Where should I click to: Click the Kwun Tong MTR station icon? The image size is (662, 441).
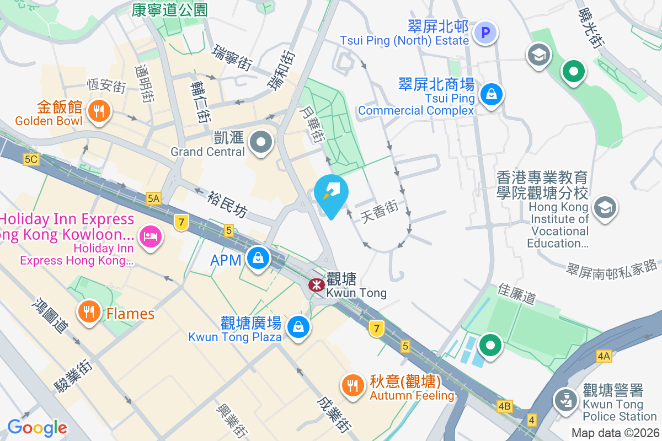coord(316,285)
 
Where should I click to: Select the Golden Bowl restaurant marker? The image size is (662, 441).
coord(99,112)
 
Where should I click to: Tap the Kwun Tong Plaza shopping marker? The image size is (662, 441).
coord(298,326)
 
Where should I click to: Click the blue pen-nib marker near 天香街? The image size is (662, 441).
coord(332,193)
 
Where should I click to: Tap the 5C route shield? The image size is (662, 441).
coord(31,159)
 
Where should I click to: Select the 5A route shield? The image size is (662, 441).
coord(153,198)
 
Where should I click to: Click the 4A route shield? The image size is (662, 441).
coord(604,356)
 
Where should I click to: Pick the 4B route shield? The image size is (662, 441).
coord(504,407)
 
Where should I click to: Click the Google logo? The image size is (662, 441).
coord(37,427)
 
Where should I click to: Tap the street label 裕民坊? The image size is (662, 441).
coord(227,203)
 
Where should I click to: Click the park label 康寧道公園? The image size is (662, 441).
coord(162,9)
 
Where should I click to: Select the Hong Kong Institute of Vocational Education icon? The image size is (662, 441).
coord(605,208)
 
